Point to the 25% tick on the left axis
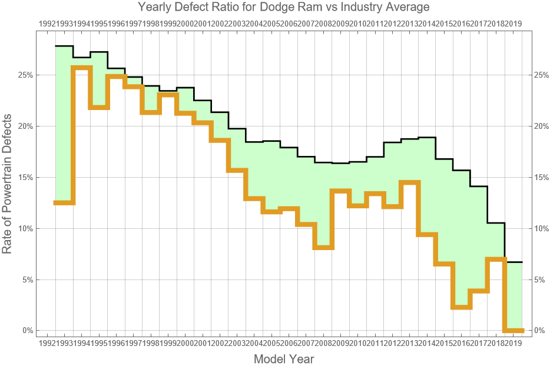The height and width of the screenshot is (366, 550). pyautogui.click(x=25, y=75)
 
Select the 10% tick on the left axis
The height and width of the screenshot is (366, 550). pyautogui.click(x=25, y=228)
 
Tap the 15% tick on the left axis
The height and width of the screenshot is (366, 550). pyautogui.click(x=25, y=177)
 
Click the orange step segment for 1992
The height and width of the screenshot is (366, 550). pyautogui.click(x=64, y=202)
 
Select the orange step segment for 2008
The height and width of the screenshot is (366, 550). pyautogui.click(x=323, y=247)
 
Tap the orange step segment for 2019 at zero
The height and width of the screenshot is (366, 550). pyautogui.click(x=513, y=330)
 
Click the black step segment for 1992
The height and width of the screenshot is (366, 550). pyautogui.click(x=64, y=46)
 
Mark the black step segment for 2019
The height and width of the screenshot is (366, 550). pyautogui.click(x=513, y=262)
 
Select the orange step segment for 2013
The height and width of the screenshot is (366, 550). pyautogui.click(x=410, y=182)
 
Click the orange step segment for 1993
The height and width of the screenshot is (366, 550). pyautogui.click(x=81, y=68)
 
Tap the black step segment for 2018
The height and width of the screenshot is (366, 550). pyautogui.click(x=496, y=223)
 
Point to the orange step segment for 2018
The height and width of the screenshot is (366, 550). pyautogui.click(x=496, y=259)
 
